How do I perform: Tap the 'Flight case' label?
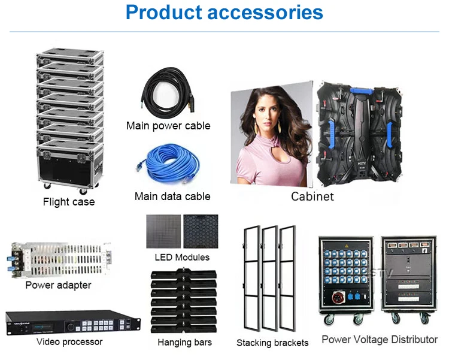click(68, 202)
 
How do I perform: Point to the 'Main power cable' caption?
click(168, 126)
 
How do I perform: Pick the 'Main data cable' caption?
click(172, 196)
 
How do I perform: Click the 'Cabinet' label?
click(312, 196)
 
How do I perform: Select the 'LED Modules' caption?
click(182, 257)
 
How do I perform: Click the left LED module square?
click(163, 231)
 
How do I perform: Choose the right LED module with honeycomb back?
click(201, 231)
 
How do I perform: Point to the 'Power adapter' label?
click(57, 285)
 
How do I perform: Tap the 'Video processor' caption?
click(69, 342)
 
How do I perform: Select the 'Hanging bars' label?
click(184, 343)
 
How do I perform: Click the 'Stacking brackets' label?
click(272, 343)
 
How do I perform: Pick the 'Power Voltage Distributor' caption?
click(380, 340)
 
